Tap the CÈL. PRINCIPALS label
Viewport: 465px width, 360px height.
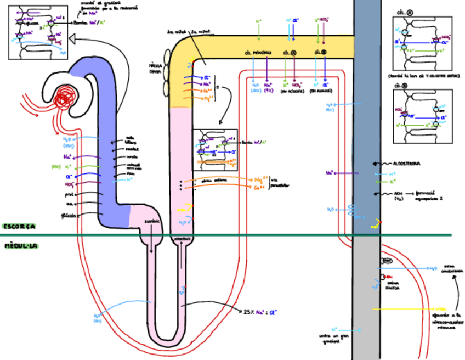(x=258, y=53)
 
